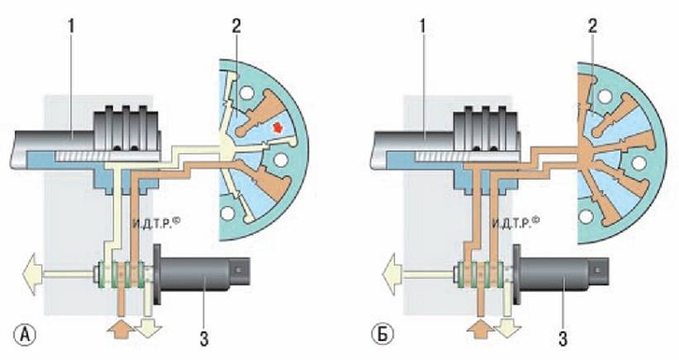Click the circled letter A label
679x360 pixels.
point(26,335)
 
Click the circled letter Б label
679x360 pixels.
point(383,335)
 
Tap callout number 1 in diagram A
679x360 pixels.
point(71,26)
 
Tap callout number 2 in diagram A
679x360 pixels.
point(236,26)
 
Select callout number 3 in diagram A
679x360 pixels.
point(203,338)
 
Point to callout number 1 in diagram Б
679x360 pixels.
point(423,26)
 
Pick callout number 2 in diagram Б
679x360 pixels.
point(592,26)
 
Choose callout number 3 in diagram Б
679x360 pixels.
point(562,338)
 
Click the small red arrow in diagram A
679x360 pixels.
point(276,127)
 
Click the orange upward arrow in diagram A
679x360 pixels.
point(121,329)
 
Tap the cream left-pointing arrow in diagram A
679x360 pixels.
point(33,274)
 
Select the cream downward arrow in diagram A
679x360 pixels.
point(149,329)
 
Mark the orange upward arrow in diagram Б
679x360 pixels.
point(481,329)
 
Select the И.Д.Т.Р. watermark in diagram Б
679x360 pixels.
point(516,223)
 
